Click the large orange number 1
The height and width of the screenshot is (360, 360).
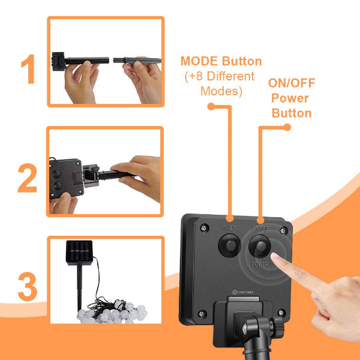click(28, 70)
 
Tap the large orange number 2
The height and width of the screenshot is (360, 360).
click(28, 178)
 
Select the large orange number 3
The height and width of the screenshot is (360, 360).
click(28, 286)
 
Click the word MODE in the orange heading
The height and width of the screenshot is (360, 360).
click(199, 61)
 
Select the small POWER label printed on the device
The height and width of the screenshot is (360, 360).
click(259, 263)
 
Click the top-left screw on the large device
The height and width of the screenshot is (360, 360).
click(205, 228)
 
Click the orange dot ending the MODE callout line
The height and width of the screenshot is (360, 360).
click(211, 106)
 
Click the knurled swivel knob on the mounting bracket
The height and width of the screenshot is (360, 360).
click(276, 326)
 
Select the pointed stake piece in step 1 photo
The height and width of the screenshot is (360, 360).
click(142, 59)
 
